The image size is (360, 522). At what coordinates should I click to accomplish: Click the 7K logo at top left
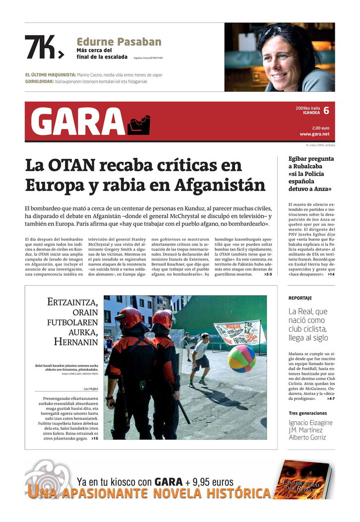[x=44, y=47]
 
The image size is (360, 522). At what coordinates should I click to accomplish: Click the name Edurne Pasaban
[x=119, y=42]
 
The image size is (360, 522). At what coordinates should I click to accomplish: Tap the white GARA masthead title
[x=77, y=122]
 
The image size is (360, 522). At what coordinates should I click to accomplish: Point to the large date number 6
[x=326, y=111]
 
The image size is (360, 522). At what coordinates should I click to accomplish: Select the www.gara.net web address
[x=314, y=134]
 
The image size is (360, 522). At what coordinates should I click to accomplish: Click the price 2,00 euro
[x=321, y=128]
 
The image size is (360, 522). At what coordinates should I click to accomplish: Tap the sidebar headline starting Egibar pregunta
[x=311, y=174]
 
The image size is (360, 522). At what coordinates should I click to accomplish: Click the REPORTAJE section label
[x=300, y=298]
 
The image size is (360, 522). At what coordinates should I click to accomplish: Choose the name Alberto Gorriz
[x=307, y=437]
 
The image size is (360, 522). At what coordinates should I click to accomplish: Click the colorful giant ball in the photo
[x=242, y=358]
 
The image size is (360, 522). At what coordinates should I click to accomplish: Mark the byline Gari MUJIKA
[x=91, y=389]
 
